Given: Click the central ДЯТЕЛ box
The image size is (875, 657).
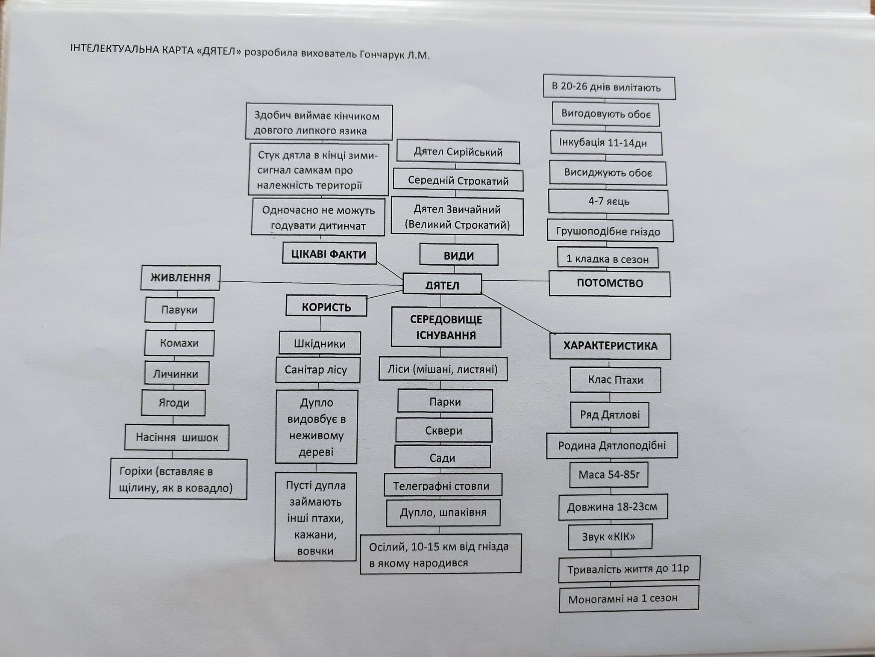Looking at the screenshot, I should [442, 284].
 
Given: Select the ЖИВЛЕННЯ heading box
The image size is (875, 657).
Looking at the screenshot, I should [180, 278].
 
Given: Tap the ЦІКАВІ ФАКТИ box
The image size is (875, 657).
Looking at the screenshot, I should [329, 254].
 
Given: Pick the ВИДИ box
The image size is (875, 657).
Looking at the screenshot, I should [458, 255].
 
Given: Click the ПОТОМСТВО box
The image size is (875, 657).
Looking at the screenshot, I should [609, 283].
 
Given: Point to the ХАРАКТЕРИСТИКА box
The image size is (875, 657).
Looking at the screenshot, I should [610, 346].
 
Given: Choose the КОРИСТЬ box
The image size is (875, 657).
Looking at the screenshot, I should [326, 307].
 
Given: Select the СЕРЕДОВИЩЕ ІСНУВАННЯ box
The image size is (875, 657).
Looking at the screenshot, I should [446, 327].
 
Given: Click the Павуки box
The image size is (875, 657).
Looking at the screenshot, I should [179, 310].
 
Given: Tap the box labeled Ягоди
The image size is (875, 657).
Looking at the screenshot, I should [173, 402].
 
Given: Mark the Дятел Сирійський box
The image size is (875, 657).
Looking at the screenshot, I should [458, 152].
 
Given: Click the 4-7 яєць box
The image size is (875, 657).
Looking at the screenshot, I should [608, 201].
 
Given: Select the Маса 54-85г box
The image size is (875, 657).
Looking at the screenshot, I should [608, 474].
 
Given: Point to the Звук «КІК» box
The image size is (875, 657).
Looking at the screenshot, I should [610, 536].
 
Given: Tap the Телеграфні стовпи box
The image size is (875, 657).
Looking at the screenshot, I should [442, 485].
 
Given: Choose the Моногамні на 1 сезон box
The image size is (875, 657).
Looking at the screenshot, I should [628, 598].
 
